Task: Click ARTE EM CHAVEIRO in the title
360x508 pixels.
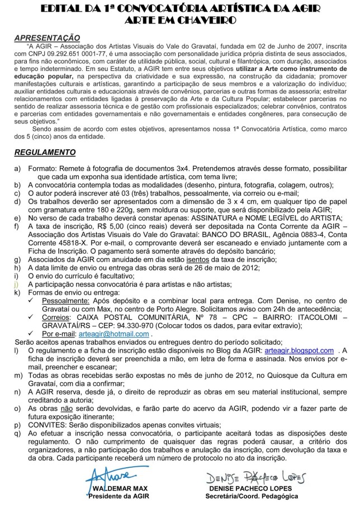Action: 179,20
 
